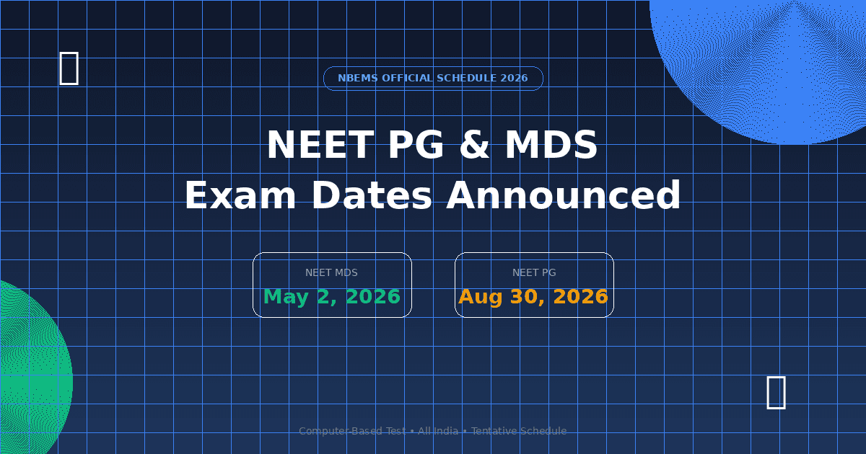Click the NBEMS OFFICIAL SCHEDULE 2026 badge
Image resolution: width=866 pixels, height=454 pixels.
433,79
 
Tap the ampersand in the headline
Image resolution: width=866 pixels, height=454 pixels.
473,146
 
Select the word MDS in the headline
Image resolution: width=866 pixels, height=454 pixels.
551,146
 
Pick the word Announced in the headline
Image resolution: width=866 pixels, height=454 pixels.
564,196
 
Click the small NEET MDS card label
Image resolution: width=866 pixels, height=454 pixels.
331,273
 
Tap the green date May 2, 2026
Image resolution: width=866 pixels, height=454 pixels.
332,297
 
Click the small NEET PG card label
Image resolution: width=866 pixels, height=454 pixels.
534,273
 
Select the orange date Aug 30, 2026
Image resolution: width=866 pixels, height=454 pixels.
533,297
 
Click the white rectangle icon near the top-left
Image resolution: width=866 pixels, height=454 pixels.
69,68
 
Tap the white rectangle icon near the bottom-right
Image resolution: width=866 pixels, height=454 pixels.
776,392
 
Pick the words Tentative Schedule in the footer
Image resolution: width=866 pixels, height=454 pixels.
519,431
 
